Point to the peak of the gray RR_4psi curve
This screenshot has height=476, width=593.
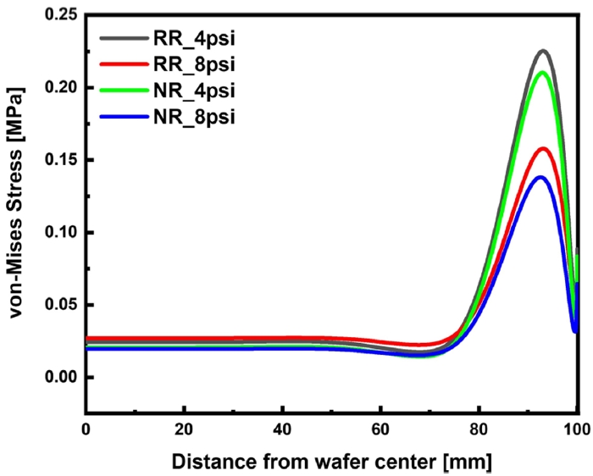(x=543, y=51)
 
